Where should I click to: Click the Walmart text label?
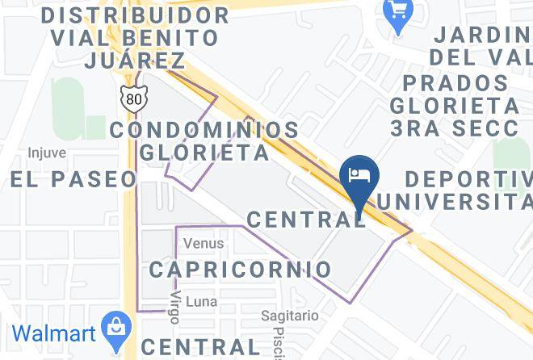pyautogui.click(x=53, y=333)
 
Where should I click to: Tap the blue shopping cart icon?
pyautogui.click(x=397, y=11)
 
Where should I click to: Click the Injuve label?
pyautogui.click(x=46, y=153)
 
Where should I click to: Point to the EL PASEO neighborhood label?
pyautogui.click(x=73, y=178)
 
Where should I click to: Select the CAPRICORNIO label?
pyautogui.click(x=240, y=269)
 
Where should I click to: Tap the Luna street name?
pyautogui.click(x=201, y=301)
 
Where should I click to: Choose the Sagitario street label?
pyautogui.click(x=290, y=316)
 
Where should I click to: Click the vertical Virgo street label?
pyautogui.click(x=174, y=308)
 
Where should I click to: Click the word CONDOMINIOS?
pyautogui.click(x=204, y=129)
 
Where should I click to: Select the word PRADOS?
pyautogui.click(x=456, y=82)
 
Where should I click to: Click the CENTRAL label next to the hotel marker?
pyautogui.click(x=306, y=219)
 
